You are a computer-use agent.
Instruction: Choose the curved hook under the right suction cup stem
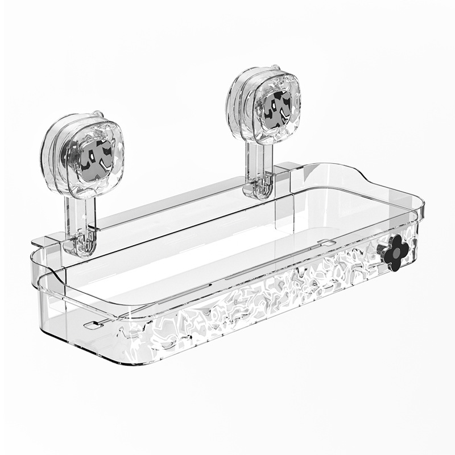(x=262, y=191)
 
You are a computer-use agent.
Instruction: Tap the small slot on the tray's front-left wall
(x=91, y=326)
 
